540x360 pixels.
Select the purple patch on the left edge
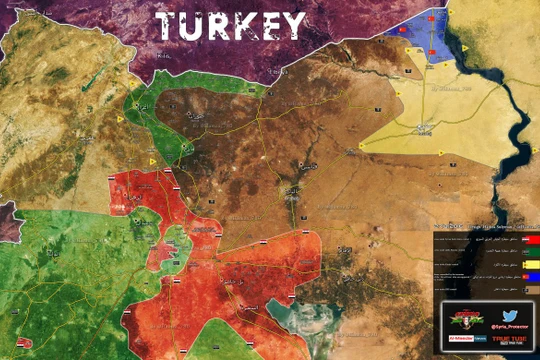tap(8, 220)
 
